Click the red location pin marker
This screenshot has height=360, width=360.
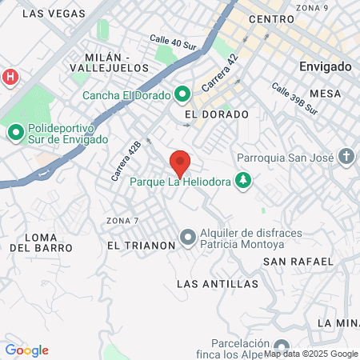[x=180, y=163]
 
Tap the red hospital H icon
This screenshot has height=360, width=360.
[x=10, y=77]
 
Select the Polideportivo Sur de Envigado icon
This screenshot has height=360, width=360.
[x=15, y=132]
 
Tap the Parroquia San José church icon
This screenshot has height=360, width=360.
[x=346, y=154]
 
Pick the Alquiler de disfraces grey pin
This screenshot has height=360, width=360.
[x=188, y=236]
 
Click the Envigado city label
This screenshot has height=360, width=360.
[x=326, y=66]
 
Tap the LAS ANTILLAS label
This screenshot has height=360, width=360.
[x=217, y=284]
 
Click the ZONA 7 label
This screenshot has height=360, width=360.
[x=122, y=221]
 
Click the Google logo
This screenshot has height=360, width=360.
[x=26, y=350]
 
